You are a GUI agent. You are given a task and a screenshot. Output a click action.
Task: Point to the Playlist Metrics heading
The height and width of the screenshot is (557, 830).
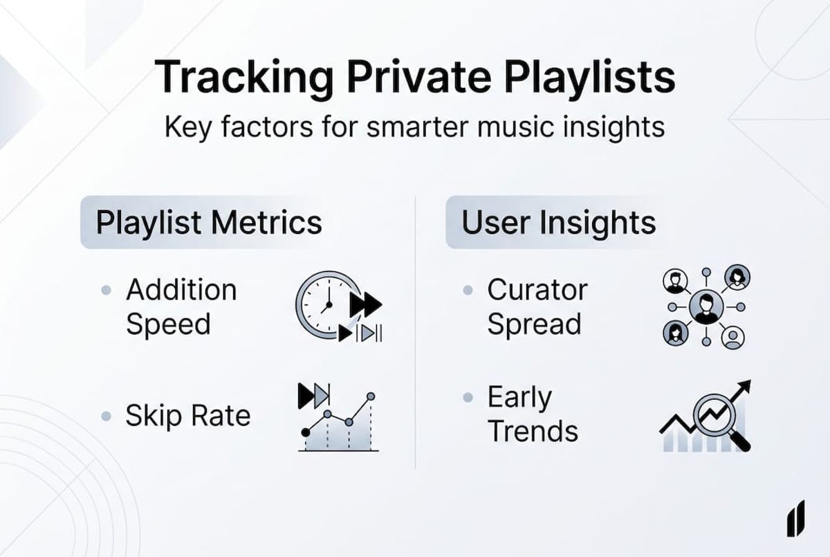point(208,223)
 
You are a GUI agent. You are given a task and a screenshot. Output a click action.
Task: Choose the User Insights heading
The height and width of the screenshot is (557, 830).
point(558,223)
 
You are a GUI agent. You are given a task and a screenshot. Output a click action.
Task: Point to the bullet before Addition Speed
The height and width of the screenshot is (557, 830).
point(106,291)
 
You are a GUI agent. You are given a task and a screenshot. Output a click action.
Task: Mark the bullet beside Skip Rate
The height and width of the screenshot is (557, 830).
point(106,416)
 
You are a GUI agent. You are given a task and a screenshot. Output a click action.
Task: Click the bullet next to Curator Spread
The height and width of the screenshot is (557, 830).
point(468,291)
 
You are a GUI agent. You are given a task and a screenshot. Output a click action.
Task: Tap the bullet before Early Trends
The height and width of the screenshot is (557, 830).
point(468,398)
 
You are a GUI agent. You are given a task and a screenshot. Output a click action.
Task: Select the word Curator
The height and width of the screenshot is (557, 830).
point(537,290)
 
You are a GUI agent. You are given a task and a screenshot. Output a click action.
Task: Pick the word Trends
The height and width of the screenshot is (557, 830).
point(533,431)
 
